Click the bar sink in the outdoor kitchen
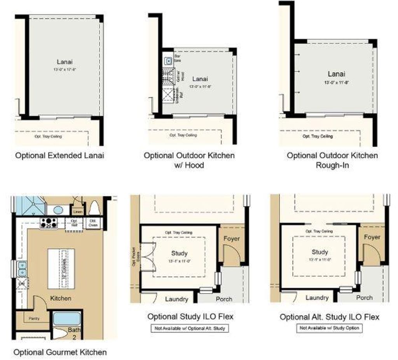[168, 61]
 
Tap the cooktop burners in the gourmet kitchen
[49, 223]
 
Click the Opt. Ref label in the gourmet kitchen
[74, 222]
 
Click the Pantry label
[34, 318]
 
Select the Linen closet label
[77, 211]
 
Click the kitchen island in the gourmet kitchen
[61, 268]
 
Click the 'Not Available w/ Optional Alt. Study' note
[190, 328]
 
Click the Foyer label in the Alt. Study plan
[372, 237]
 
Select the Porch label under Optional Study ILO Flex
[224, 299]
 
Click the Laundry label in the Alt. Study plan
[317, 298]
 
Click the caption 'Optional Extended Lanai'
[59, 156]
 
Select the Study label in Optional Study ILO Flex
[179, 253]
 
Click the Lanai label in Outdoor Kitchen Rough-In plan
[336, 74]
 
